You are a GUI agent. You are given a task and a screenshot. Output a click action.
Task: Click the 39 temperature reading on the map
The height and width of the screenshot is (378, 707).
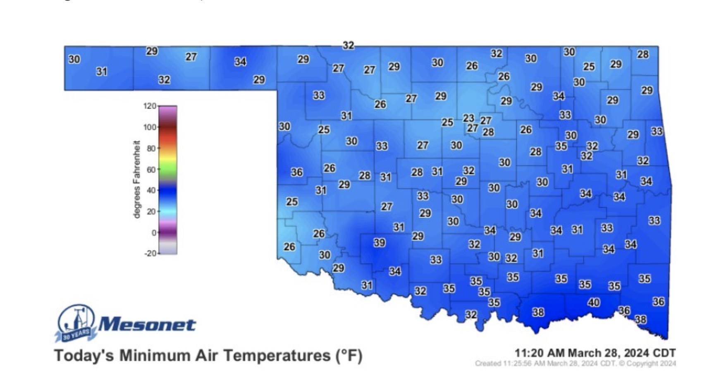(x=379, y=243)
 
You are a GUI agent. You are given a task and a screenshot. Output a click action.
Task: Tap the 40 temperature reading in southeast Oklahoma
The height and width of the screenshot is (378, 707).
(x=593, y=302)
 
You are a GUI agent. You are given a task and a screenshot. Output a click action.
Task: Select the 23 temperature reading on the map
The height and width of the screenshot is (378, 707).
(x=468, y=118)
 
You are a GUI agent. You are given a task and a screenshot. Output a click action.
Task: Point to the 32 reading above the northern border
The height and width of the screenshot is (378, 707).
(x=348, y=45)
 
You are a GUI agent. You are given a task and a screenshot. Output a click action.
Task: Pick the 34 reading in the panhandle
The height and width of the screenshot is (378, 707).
(x=240, y=62)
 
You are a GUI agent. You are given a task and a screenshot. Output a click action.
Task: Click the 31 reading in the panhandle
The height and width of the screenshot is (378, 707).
(x=101, y=72)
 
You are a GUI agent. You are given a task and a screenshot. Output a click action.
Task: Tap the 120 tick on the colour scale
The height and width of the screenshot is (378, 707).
(x=150, y=106)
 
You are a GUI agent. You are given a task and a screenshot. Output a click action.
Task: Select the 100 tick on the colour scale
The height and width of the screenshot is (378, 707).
(x=150, y=127)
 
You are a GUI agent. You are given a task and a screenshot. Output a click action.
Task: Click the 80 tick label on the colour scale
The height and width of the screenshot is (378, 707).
(x=151, y=148)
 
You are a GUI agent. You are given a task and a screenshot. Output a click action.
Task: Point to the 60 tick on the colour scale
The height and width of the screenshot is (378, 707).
(x=151, y=170)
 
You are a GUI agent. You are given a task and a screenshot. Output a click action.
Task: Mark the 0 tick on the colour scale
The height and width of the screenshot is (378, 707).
(x=153, y=233)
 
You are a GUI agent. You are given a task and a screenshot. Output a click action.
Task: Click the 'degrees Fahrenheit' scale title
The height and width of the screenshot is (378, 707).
(x=137, y=179)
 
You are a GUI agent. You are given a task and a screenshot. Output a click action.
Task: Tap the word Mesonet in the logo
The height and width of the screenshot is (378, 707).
(x=147, y=325)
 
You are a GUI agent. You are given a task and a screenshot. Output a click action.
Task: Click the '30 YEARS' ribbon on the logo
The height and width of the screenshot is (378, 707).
(x=76, y=335)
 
